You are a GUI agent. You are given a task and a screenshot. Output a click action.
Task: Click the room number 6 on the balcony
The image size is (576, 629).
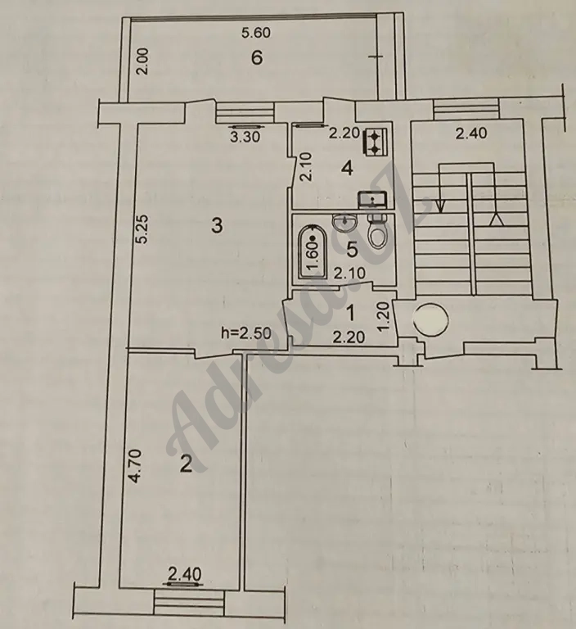257,58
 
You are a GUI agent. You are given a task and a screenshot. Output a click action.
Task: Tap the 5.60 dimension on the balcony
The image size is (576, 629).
256,33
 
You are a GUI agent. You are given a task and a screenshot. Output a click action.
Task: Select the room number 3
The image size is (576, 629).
217,225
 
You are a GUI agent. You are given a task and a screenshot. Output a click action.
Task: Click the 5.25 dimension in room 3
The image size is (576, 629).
142,229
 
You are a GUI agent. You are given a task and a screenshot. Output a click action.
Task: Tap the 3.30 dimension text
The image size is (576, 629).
245,138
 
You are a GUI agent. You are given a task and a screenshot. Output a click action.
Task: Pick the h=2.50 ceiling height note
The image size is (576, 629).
246,333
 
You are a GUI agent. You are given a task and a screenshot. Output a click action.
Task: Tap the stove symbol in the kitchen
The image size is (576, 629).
375,142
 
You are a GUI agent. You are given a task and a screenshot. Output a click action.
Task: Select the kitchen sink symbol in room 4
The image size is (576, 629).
372,199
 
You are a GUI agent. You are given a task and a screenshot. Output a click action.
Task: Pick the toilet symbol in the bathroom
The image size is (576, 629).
377,231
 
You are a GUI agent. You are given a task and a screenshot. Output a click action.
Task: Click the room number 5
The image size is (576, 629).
352,251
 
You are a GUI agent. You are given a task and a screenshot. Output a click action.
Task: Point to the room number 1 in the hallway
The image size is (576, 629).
350,314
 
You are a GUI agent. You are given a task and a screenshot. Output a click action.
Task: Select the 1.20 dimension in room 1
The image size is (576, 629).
384,315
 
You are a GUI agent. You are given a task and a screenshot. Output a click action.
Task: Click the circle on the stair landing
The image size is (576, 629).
430,319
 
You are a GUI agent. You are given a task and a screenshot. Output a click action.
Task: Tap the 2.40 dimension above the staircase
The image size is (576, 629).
471,133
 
